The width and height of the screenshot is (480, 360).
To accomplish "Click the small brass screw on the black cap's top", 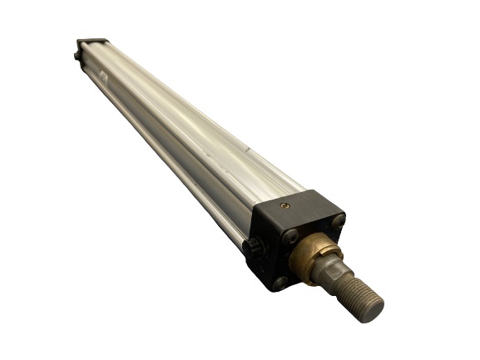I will (x=285, y=205).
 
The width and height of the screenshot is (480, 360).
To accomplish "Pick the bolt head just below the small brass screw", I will (x=289, y=237).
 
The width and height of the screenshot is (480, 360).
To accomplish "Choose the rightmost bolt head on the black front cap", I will (x=338, y=220).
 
